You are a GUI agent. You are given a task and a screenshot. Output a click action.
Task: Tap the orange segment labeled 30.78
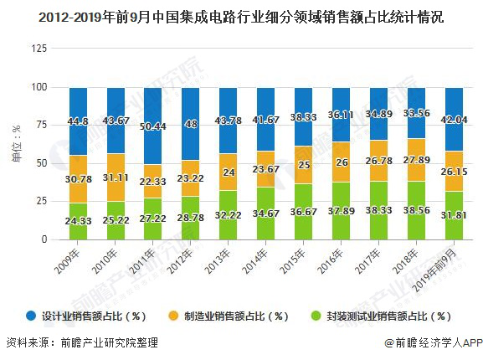coord(78,179)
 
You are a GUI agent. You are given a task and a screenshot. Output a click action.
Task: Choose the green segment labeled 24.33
coord(78,221)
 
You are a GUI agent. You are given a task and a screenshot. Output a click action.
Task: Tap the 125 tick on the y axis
coord(39,49)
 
